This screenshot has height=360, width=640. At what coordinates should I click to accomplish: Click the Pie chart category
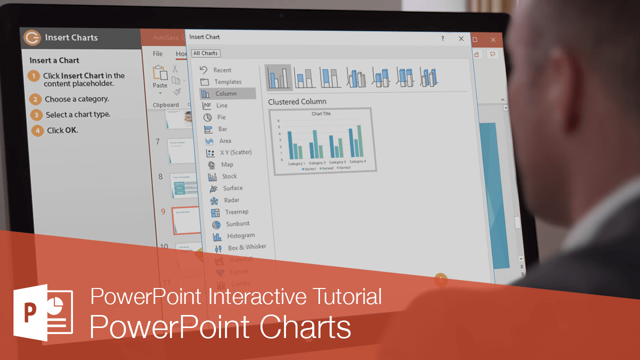click(220, 117)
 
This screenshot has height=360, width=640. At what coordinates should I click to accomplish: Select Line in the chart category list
click(221, 105)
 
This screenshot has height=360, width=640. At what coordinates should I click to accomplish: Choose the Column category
click(225, 93)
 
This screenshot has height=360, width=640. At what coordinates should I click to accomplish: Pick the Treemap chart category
click(236, 212)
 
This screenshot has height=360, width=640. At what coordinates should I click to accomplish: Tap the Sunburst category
click(237, 224)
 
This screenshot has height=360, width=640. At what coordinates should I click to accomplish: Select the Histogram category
click(240, 235)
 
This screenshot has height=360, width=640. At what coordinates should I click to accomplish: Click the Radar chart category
click(231, 200)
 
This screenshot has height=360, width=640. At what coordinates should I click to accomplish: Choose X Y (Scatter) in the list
click(235, 152)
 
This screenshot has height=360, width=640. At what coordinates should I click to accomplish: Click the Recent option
click(222, 70)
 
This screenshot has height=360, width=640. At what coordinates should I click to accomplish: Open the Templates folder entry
click(227, 82)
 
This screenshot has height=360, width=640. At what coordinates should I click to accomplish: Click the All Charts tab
click(205, 53)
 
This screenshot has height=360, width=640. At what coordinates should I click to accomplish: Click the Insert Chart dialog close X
click(461, 38)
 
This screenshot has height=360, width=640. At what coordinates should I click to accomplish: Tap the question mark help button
click(442, 38)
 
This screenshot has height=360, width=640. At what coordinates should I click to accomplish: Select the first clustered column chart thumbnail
click(278, 77)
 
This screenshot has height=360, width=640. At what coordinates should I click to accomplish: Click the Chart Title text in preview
click(321, 114)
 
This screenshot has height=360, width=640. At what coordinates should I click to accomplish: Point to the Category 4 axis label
click(357, 162)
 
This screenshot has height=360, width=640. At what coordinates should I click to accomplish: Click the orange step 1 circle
click(33, 76)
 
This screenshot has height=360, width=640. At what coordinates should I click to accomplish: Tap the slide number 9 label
click(163, 211)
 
